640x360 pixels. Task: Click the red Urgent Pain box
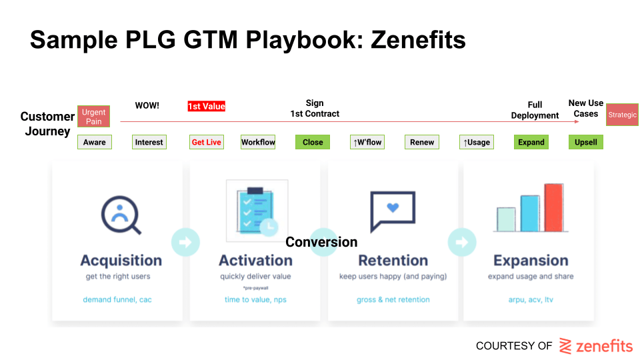point(93,116)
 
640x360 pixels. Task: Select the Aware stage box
point(94,142)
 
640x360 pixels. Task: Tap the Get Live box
point(207,142)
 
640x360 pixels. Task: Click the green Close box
point(313,142)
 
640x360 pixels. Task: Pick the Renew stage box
point(422,142)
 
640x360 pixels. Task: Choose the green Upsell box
point(586,142)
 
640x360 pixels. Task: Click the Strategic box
point(622,115)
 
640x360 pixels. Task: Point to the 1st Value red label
point(207,106)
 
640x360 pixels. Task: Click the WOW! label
point(147,105)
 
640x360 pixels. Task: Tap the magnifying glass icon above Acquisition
point(121,215)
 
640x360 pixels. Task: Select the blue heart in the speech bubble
point(393,207)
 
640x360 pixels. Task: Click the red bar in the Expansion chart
point(554,208)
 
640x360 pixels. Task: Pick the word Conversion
point(321,241)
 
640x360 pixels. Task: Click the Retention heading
point(393,260)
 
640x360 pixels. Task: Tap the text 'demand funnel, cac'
point(117,299)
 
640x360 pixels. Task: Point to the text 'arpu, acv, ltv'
point(531,299)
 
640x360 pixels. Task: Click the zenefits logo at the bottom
point(596,346)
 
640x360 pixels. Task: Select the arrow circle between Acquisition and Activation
point(185,242)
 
